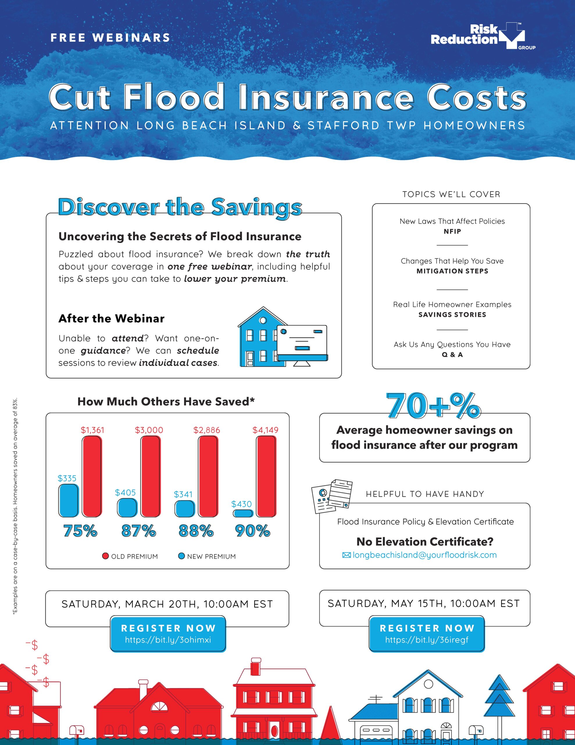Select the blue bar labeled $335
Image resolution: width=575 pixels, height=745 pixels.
[x=69, y=501]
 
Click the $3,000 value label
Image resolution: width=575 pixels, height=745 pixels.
[x=149, y=430]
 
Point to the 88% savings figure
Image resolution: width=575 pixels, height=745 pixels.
[x=196, y=531]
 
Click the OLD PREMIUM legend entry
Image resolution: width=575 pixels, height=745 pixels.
[x=130, y=556]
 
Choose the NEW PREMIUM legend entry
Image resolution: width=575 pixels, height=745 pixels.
[x=207, y=556]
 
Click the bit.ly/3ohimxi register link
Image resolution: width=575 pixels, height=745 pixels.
[x=168, y=640]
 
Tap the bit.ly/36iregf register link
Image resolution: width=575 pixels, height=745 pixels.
[x=427, y=640]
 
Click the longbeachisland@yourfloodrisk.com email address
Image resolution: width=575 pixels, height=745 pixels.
[x=424, y=555]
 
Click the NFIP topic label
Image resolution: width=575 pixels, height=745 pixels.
[x=452, y=231]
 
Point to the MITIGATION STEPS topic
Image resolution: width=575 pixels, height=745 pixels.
[x=452, y=271]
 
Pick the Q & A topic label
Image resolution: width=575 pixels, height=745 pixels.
[x=452, y=355]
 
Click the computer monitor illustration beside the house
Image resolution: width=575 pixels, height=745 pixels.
[x=302, y=344]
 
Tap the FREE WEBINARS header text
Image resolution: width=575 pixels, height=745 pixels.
[x=110, y=38]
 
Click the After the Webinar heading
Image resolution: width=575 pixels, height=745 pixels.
[x=111, y=319]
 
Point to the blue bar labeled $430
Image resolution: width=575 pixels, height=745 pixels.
[x=243, y=513]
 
